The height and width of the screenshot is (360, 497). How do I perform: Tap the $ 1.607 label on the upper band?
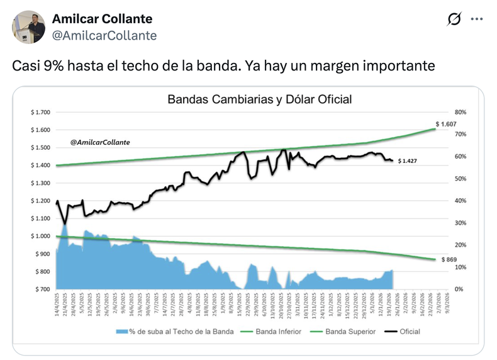pos(445,124)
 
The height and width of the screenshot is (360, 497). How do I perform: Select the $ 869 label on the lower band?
pos(448,259)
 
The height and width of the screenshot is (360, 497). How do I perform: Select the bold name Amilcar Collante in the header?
pos(102,19)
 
